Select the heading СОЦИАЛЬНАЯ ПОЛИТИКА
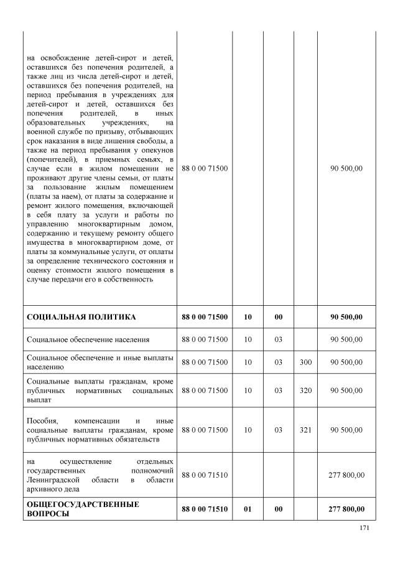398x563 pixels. (81, 317)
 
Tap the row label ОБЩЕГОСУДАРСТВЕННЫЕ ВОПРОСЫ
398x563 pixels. (82, 509)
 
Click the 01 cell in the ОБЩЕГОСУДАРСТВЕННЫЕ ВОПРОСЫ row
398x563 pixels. (248, 509)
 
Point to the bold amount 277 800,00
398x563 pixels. (346, 509)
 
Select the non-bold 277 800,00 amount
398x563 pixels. (346, 475)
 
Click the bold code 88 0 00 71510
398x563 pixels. (205, 509)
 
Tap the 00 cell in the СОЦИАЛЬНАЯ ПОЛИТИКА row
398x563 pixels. (279, 317)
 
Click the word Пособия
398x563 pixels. (42, 420)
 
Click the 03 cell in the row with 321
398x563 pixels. (279, 430)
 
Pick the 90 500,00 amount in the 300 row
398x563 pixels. (346, 362)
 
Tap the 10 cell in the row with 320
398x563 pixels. (248, 390)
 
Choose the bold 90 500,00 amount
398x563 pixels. (346, 317)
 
